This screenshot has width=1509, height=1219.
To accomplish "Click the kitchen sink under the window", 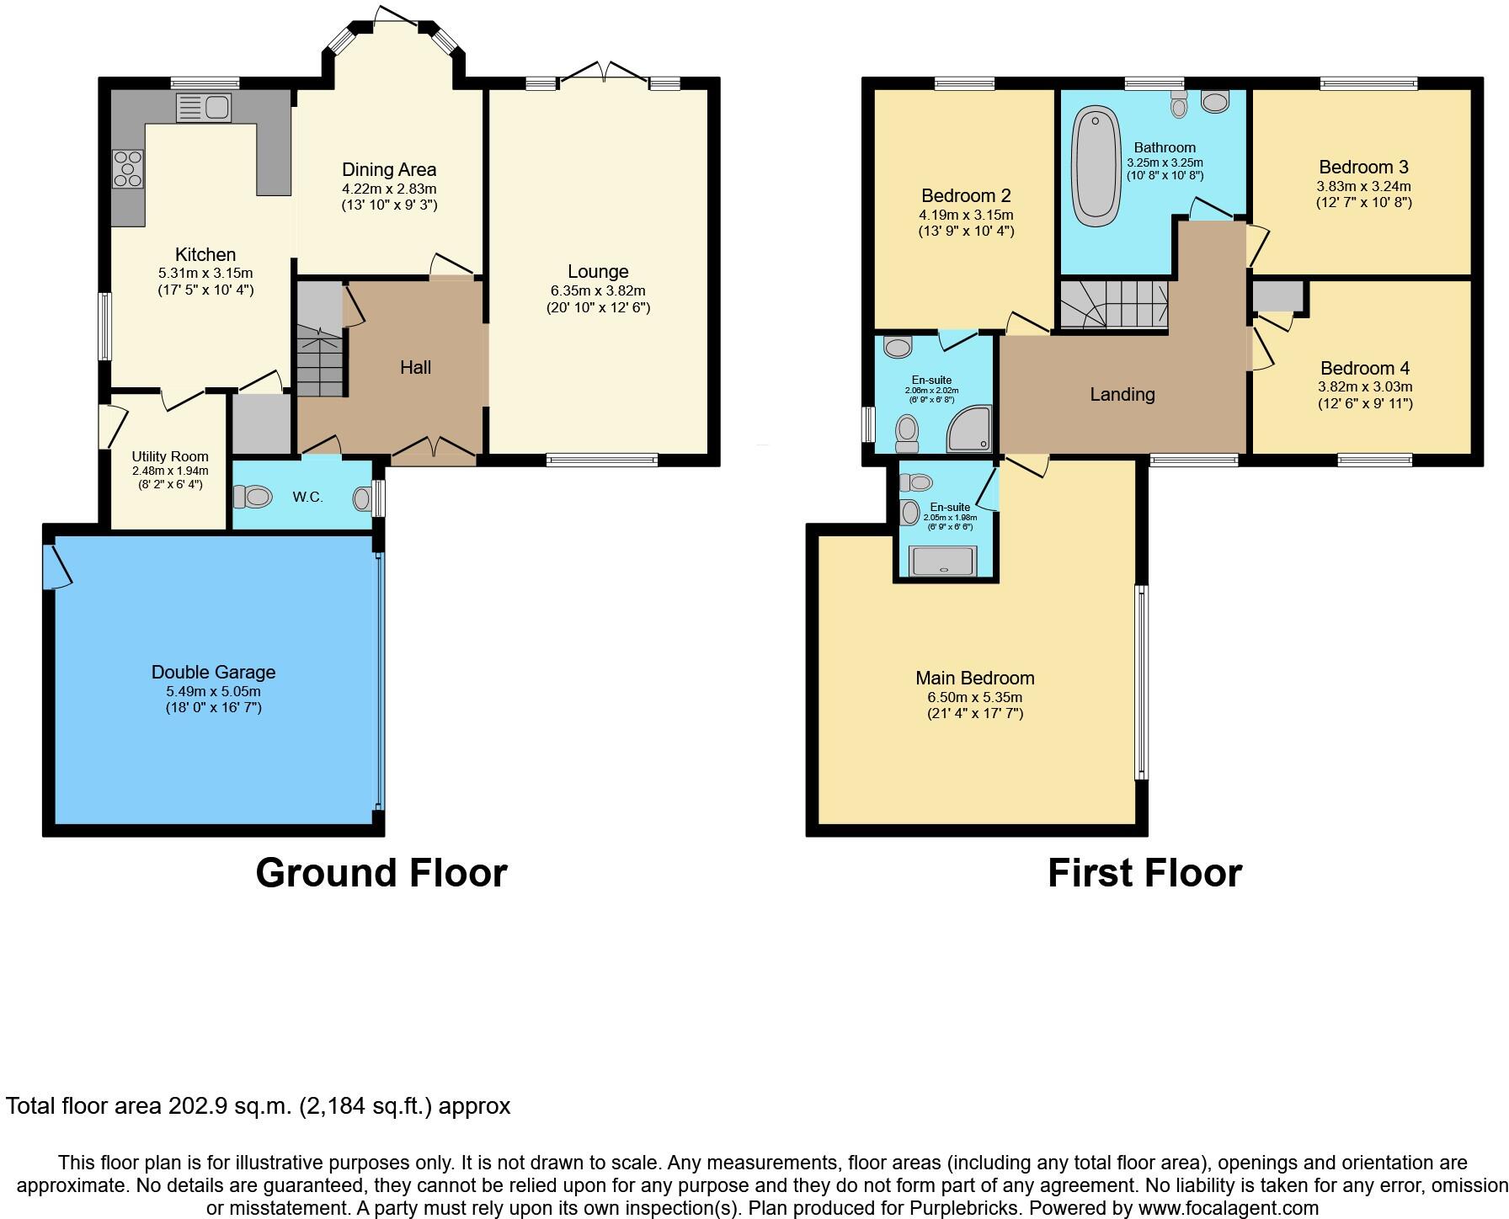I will click(x=204, y=109).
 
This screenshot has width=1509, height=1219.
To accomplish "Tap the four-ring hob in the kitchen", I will click(x=128, y=168).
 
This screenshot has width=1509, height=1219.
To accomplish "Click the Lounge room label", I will click(x=598, y=272).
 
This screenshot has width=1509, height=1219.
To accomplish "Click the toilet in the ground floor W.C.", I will click(x=253, y=498).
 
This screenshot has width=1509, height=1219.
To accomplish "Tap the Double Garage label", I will click(x=213, y=672).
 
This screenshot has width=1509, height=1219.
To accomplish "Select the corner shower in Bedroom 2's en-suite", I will click(x=970, y=429).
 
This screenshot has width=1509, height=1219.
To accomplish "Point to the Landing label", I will click(x=1122, y=394).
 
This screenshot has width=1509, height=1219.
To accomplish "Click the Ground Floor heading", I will click(x=381, y=873).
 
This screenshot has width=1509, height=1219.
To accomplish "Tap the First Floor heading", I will click(x=1144, y=873).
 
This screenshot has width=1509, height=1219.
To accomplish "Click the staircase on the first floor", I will click(x=1113, y=305).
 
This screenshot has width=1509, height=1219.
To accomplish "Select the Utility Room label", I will click(x=170, y=457).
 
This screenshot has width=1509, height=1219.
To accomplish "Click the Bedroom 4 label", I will click(x=1364, y=368).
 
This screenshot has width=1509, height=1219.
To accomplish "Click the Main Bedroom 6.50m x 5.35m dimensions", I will click(x=974, y=697).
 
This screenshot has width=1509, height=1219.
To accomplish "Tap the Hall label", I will click(x=415, y=367).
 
